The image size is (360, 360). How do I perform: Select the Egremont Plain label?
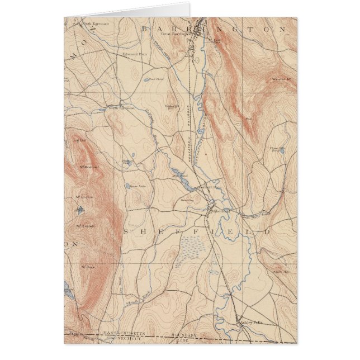click(134, 55)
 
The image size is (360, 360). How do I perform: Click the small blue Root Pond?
click(146, 79)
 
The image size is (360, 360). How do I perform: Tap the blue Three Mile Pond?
click(274, 151)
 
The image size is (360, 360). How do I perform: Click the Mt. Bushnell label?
click(88, 167)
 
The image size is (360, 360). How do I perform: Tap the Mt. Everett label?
click(84, 226)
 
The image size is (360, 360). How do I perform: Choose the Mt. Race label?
click(86, 267)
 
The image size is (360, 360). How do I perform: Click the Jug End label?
click(78, 140)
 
